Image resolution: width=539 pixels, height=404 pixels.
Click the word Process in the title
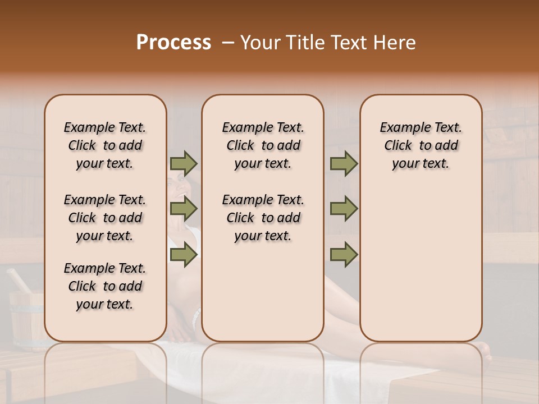(173, 43)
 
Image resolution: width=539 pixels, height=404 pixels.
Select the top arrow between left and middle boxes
(184, 163)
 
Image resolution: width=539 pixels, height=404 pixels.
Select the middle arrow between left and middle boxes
(184, 209)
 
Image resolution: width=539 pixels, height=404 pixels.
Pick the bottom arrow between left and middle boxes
(184, 254)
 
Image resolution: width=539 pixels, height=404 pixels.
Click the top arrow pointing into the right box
(344, 163)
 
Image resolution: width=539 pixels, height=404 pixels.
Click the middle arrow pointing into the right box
(344, 209)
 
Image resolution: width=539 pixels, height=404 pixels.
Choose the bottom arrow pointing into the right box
(344, 254)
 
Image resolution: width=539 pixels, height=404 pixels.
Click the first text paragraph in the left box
(105, 145)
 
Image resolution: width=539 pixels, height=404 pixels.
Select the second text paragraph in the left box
(105, 218)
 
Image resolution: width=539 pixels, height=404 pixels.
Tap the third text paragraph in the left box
(105, 286)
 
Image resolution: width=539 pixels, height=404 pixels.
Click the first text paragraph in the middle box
(263, 145)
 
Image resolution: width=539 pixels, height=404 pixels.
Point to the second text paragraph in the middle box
(263, 218)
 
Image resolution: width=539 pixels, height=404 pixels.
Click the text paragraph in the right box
(421, 145)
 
